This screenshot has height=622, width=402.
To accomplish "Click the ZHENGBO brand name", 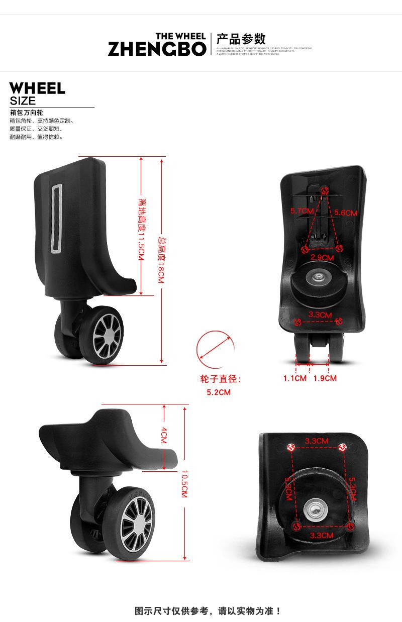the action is tap(157, 49).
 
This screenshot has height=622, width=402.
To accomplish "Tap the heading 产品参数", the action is tap(241, 39).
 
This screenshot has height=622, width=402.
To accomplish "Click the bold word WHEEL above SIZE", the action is tap(37, 88).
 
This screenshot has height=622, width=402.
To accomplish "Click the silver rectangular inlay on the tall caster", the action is tap(56, 219).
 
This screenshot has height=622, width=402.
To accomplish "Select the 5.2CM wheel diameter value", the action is tap(219, 392).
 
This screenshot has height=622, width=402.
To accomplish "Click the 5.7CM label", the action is tap(302, 211).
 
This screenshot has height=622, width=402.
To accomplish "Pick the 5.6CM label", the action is tap(345, 213).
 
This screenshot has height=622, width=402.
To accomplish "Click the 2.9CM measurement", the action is tap(322, 258).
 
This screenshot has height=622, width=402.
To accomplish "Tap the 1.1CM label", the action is tap(294, 378).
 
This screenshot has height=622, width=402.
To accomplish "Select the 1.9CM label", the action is tap(325, 378).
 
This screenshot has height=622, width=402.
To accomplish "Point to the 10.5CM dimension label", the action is tap(184, 484).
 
